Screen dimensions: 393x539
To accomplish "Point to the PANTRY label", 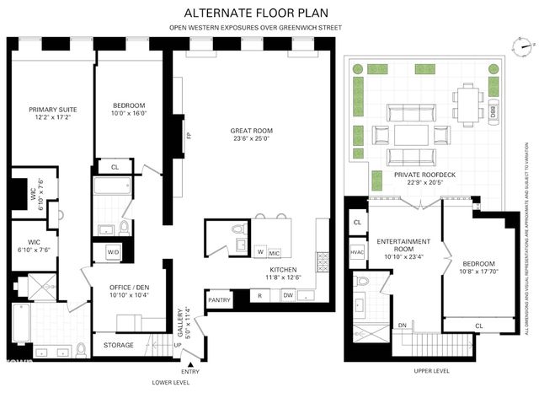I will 219,300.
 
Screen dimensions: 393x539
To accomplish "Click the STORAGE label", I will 118,345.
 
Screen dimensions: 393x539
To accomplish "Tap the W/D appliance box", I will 113,251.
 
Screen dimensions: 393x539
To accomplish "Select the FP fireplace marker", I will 189,135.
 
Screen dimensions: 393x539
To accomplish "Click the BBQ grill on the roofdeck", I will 492,110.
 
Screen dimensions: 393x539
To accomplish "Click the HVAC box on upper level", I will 357,250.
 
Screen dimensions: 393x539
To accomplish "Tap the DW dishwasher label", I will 288,295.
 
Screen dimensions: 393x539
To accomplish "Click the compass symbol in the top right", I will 524,46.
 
